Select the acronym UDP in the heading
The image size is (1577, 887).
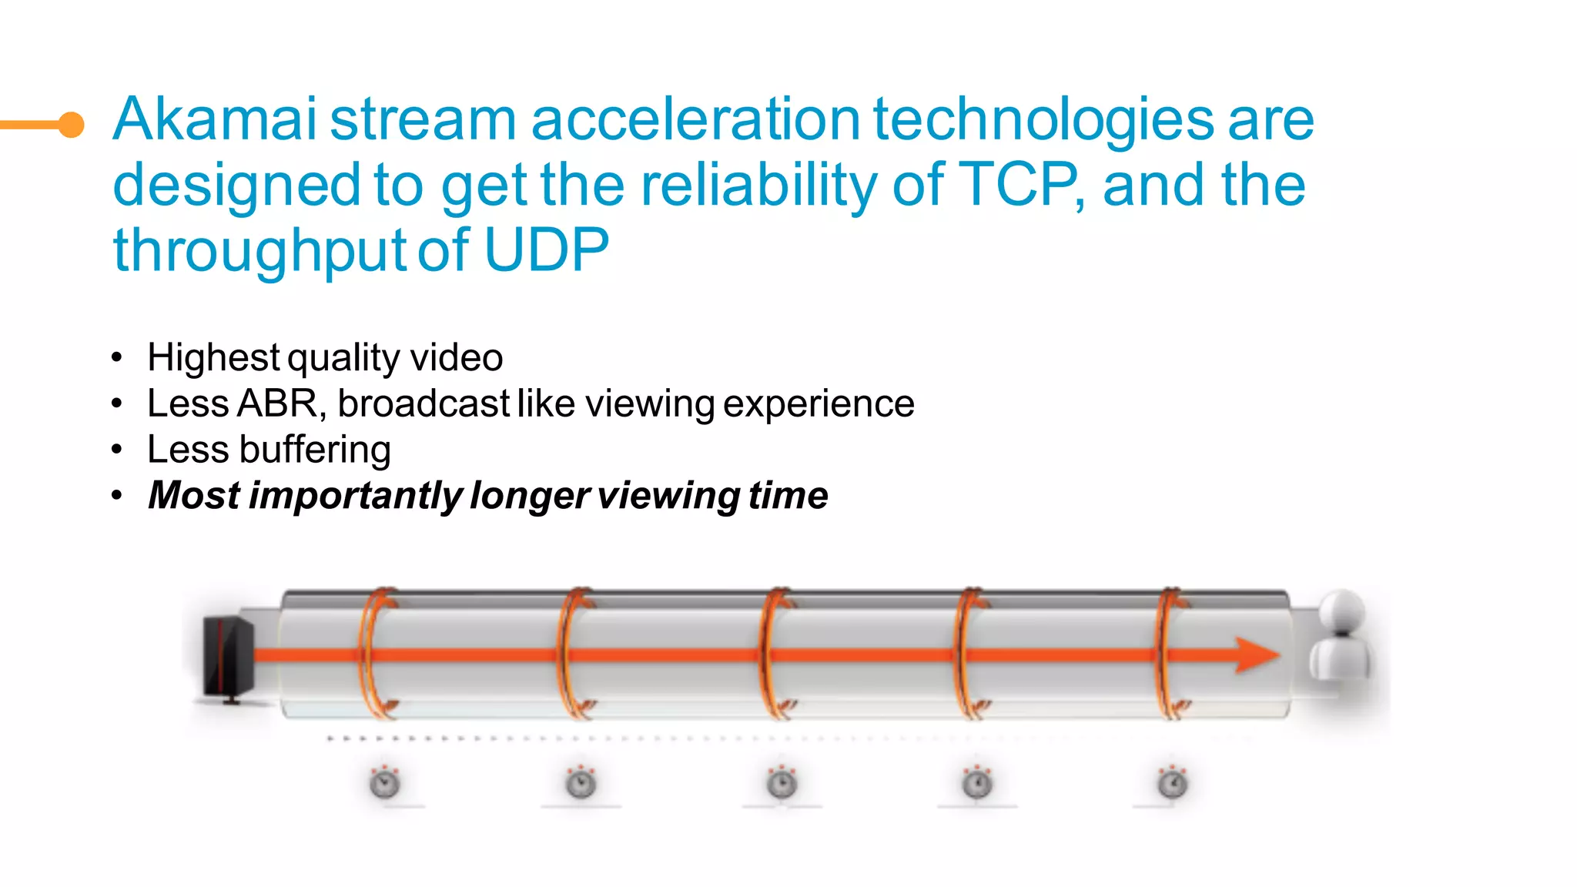(x=546, y=250)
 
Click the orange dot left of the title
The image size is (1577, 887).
(x=72, y=124)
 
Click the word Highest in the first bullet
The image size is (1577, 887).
(x=213, y=357)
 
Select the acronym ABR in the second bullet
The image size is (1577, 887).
(x=277, y=403)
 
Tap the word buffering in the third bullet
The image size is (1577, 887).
(x=315, y=450)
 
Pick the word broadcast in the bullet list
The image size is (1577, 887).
(x=424, y=403)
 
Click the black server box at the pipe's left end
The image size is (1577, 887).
(x=228, y=657)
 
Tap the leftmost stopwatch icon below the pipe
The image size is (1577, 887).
(x=384, y=783)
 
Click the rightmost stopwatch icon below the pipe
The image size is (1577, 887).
(x=1173, y=783)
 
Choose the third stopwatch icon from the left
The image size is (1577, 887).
(x=782, y=783)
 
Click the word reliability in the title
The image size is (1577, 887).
(x=759, y=185)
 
